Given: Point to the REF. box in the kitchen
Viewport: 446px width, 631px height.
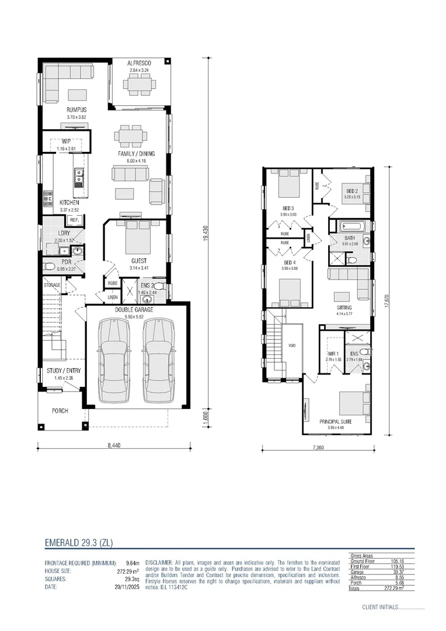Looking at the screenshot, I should (74, 220).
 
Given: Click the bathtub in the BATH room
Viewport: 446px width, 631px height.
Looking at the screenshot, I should (350, 226).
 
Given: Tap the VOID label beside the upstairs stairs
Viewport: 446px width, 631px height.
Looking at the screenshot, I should (292, 345).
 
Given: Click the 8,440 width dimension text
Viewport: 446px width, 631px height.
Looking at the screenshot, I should (114, 445).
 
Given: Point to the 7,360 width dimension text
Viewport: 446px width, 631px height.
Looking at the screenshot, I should (318, 447).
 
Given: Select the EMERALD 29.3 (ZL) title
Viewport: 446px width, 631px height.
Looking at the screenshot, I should (78, 543).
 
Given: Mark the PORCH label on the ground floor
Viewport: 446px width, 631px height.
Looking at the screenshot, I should (60, 411).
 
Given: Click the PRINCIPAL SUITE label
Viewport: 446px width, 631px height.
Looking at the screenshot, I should (337, 421).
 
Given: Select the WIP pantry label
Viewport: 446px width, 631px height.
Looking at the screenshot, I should (66, 141).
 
